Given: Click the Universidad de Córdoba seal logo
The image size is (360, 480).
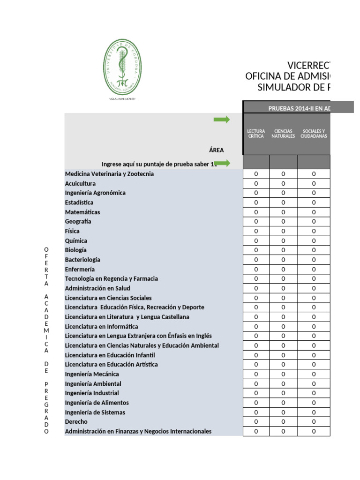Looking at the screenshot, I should pyautogui.click(x=122, y=67).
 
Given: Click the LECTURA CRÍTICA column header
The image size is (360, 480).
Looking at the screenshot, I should pyautogui.click(x=256, y=134).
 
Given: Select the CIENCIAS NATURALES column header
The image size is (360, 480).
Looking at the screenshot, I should pyautogui.click(x=283, y=134).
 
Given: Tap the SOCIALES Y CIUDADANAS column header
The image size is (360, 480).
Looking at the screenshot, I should pyautogui.click(x=314, y=134).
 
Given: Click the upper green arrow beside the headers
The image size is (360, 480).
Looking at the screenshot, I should pyautogui.click(x=221, y=120).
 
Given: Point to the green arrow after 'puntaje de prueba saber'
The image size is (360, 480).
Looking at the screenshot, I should pyautogui.click(x=222, y=163).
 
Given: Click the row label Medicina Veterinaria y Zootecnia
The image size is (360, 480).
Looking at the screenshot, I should pyautogui.click(x=109, y=174).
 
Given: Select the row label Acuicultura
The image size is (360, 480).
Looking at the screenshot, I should pyautogui.click(x=80, y=183).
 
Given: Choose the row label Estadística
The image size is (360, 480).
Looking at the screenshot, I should pyautogui.click(x=79, y=202).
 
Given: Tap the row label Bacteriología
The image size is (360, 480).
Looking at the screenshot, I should pyautogui.click(x=82, y=260).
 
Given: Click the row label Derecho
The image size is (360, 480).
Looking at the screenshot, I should pyautogui.click(x=76, y=422).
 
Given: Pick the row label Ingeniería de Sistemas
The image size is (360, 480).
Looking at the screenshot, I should pyautogui.click(x=95, y=412).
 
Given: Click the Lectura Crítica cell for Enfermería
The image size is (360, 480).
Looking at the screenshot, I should pyautogui.click(x=256, y=269).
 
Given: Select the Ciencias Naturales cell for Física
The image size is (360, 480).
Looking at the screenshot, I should pyautogui.click(x=283, y=231).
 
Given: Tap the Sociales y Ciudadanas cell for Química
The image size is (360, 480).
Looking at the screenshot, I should pyautogui.click(x=314, y=240).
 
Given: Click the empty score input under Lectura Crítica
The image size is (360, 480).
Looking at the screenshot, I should pyautogui.click(x=256, y=162).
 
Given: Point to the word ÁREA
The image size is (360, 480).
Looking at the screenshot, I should pyautogui.click(x=217, y=150).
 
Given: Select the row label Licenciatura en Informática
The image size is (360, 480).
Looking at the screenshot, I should pyautogui.click(x=101, y=326).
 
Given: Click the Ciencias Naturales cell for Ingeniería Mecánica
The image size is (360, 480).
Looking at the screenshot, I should pyautogui.click(x=283, y=374).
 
